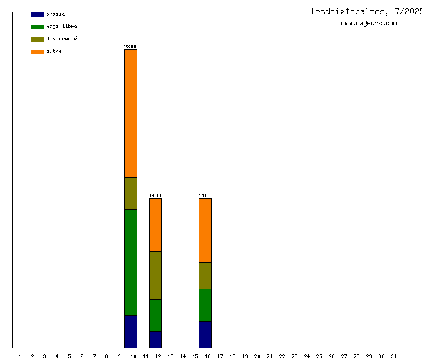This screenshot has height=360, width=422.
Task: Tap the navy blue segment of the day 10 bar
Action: click(130, 331)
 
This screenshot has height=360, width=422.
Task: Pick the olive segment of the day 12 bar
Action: click(155, 275)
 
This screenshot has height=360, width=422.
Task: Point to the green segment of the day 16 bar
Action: click(205, 305)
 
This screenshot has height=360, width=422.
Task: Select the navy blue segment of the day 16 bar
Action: click(205, 334)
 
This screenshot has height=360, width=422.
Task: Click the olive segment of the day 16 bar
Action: click(205, 275)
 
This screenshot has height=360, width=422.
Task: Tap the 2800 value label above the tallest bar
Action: click(130, 47)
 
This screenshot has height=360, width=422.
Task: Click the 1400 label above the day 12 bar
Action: click(155, 196)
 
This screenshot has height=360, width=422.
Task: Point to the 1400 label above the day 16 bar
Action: click(205, 196)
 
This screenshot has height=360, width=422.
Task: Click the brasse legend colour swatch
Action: click(37, 14)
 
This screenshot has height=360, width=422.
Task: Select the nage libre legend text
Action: click(61, 26)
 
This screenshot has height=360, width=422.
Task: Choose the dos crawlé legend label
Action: click(61, 38)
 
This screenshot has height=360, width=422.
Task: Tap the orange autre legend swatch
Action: click(37, 52)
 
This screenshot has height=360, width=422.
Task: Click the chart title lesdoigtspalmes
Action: click(350, 11)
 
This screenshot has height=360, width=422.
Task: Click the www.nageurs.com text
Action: click(369, 23)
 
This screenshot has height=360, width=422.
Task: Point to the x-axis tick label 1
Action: click(20, 356)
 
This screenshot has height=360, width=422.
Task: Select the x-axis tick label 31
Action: click(393, 356)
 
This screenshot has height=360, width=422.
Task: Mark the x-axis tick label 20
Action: click(257, 356)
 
